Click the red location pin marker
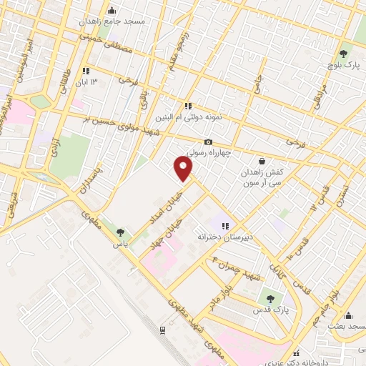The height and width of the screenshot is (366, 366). pyautogui.click(x=184, y=169)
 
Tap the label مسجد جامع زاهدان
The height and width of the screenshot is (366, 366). pyautogui.click(x=122, y=21)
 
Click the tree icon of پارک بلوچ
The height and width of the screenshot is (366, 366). pyautogui.click(x=346, y=52)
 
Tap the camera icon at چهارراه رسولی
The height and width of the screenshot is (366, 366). pyautogui.click(x=209, y=142)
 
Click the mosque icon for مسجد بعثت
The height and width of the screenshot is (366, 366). pyautogui.click(x=348, y=315)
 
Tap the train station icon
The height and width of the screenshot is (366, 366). pyautogui.click(x=164, y=330)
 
